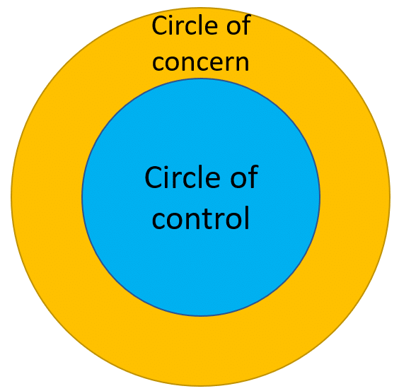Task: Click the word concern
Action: point(200,63)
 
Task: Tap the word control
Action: point(200,218)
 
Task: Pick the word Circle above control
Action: point(183,177)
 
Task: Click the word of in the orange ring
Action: point(238,25)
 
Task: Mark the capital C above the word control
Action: point(154,177)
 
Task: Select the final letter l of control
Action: point(247,218)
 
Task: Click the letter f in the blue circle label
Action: point(253,176)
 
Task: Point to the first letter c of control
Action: point(158,221)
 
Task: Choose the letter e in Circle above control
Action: point(213,180)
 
